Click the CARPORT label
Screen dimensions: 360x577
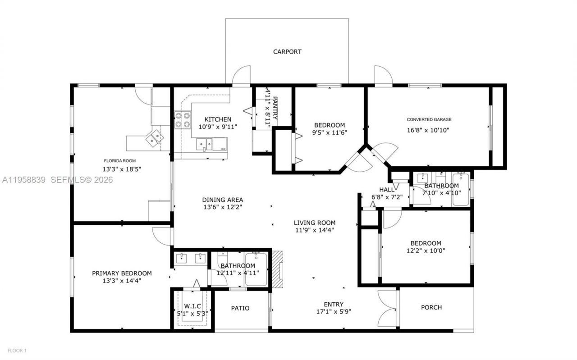(x=287, y=52)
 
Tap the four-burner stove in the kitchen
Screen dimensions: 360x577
(x=183, y=119)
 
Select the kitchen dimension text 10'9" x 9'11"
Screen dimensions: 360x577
(x=218, y=127)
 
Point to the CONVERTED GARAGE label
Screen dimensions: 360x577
(x=429, y=120)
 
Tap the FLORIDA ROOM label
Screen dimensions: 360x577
(x=119, y=161)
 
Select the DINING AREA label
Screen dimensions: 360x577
(x=222, y=200)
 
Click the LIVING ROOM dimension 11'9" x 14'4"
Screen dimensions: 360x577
(x=314, y=230)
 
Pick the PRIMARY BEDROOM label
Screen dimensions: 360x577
(x=122, y=273)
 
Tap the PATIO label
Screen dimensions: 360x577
(x=240, y=308)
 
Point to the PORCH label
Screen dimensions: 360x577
(x=431, y=308)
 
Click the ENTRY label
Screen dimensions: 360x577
(x=334, y=304)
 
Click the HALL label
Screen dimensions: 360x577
(x=386, y=190)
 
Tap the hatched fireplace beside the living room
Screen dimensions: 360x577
(x=279, y=269)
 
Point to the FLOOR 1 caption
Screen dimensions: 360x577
(x=17, y=351)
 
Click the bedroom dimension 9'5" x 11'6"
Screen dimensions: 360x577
(x=330, y=132)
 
